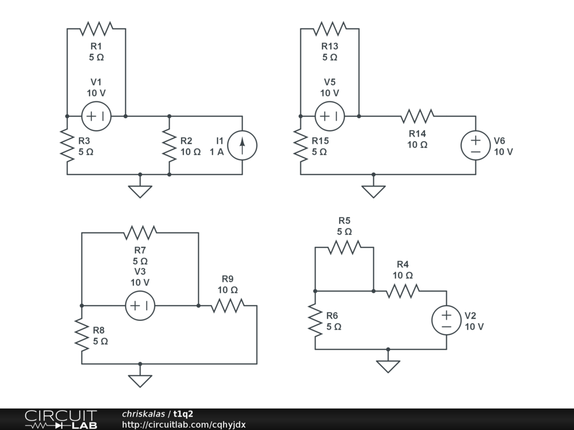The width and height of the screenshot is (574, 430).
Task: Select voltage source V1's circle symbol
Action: [x=96, y=116]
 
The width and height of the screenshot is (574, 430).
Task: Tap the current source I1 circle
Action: [x=242, y=145]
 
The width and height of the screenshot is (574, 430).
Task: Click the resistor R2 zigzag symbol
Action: [x=169, y=145]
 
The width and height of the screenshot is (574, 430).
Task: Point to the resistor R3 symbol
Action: [x=67, y=145]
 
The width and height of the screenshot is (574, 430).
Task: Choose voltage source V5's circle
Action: [x=330, y=116]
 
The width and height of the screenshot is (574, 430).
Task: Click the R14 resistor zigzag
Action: [x=417, y=116]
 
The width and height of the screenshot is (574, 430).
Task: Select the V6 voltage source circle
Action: [x=475, y=145]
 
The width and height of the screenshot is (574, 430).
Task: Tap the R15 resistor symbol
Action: [x=300, y=145]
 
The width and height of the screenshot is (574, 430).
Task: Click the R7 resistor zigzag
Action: [x=140, y=232]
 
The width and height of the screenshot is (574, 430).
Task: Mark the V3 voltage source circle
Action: [x=140, y=306]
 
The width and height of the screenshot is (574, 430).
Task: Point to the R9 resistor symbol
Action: [x=228, y=306]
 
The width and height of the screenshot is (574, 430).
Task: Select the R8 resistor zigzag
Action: [x=82, y=335]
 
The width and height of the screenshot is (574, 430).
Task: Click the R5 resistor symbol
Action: [x=344, y=247]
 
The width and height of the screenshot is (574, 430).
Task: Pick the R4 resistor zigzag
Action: [x=402, y=291]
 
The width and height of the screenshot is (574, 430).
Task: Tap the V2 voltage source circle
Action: [x=446, y=320]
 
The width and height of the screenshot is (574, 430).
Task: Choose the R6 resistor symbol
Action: [x=315, y=320]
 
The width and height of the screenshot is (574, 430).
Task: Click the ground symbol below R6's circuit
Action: [x=388, y=366]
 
